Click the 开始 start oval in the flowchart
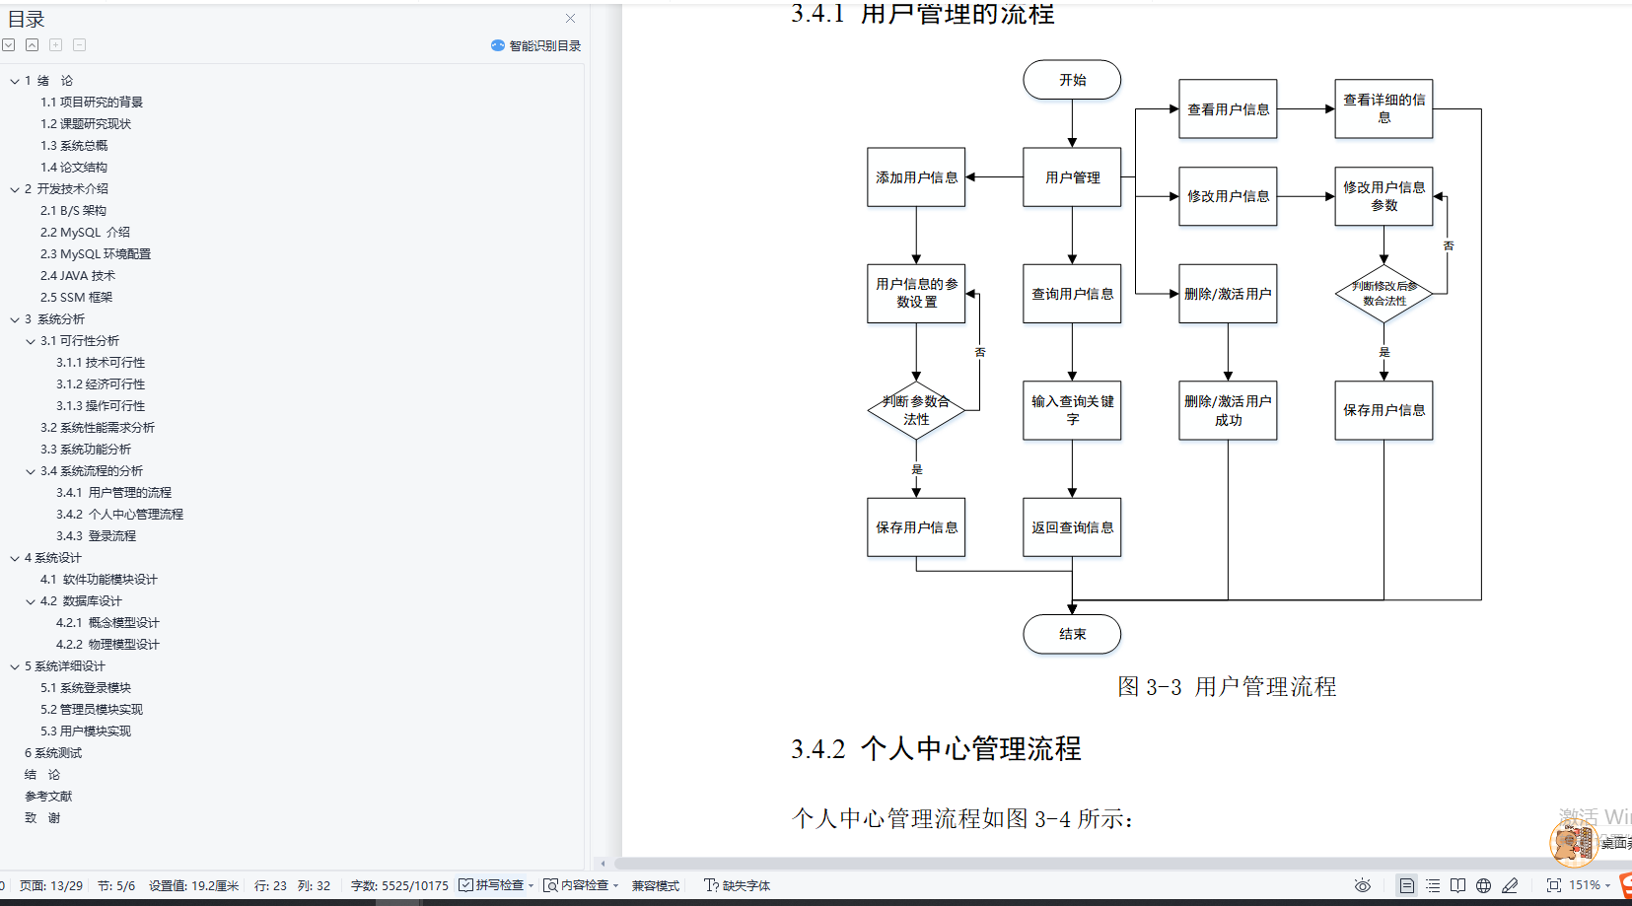point(1072,80)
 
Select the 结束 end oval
point(1072,634)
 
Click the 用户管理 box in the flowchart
point(1072,177)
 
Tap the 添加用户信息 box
point(916,177)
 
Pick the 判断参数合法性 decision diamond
point(916,410)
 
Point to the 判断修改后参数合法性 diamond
point(1384,294)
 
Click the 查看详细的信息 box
point(1384,108)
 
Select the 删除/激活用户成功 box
point(1228,410)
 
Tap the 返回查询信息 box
point(1072,527)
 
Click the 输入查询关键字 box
point(1072,410)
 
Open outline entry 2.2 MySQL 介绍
point(85,233)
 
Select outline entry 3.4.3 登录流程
point(97,536)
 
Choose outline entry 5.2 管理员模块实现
point(92,710)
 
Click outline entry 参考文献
point(48,797)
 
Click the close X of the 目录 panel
point(570,19)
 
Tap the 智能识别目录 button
point(536,45)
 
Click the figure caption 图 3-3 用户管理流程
point(1227,687)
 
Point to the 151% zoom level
point(1584,885)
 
